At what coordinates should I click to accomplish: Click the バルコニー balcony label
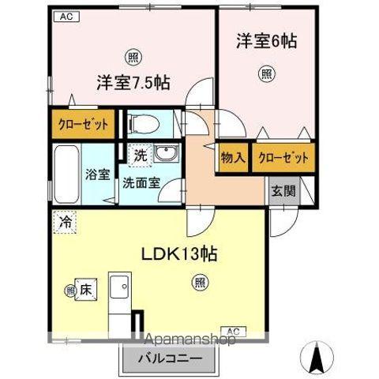[x=171, y=358]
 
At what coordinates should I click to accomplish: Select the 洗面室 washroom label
[x=141, y=182]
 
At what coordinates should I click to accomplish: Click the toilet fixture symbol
[x=141, y=123]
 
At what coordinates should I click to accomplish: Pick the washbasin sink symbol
[x=165, y=153]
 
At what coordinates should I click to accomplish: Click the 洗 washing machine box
[x=137, y=156]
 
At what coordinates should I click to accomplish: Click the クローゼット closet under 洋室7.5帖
[x=83, y=124]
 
